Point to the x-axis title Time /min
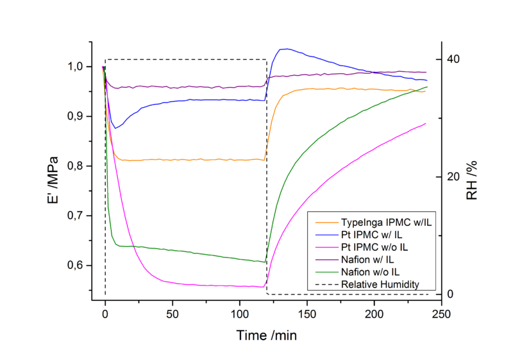point(267,335)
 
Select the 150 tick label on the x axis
point(307,315)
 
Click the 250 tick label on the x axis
point(441,315)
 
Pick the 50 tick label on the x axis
point(172,315)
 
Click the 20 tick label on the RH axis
point(453,176)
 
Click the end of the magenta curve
point(426,123)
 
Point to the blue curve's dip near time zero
point(115,128)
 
